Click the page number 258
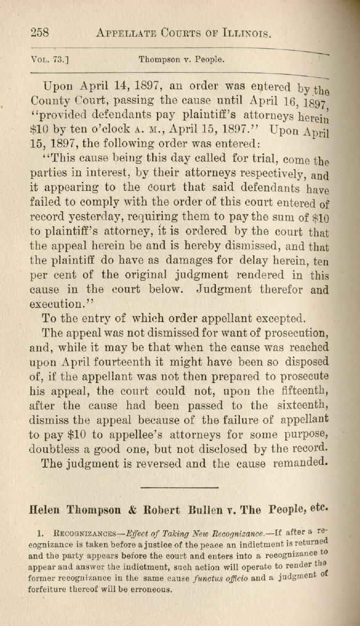pos(41,33)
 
